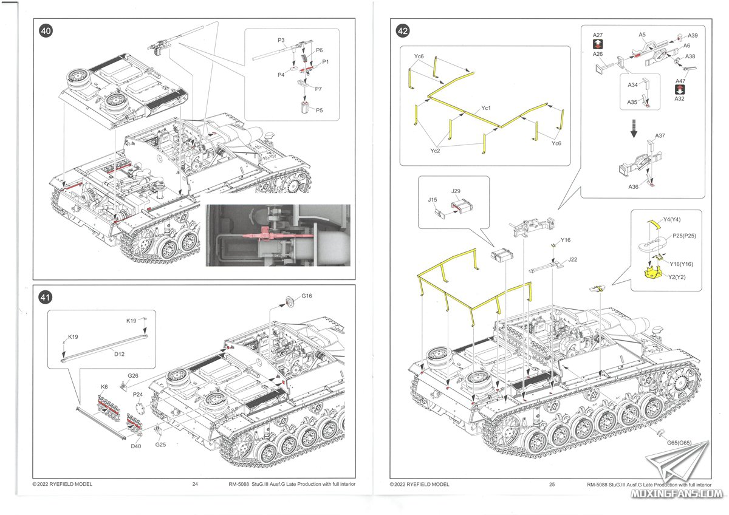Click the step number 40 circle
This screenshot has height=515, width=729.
(46, 31)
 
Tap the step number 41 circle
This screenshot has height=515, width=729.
(45, 297)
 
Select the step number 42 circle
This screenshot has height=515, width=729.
(403, 31)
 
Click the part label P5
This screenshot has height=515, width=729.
(320, 111)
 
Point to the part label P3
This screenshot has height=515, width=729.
(281, 40)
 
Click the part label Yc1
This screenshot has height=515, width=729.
(486, 107)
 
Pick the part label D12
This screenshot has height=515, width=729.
(119, 354)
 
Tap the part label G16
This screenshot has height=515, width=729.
(307, 296)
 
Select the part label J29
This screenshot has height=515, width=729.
(456, 191)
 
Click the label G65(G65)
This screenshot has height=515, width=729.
(679, 443)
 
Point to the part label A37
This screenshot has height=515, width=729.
(660, 135)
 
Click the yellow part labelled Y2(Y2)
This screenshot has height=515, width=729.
(653, 273)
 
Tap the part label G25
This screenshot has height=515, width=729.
(160, 445)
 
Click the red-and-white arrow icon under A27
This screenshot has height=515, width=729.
(598, 44)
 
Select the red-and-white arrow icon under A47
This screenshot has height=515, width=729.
(680, 89)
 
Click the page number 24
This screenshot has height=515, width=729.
(195, 484)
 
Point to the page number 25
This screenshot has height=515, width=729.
(552, 485)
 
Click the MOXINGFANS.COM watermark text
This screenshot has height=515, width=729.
(677, 494)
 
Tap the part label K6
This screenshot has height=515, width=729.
(104, 386)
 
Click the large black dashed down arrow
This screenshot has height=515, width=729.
(634, 128)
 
